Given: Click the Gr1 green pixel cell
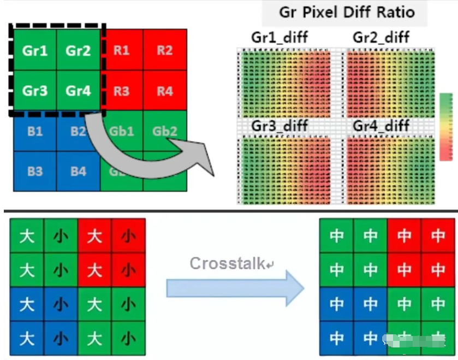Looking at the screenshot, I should [35, 51].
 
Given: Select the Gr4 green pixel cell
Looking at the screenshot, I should [78, 91].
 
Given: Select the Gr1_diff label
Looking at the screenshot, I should [279, 38].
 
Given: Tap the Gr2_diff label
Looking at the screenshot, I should [382, 38].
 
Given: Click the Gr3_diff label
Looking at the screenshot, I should [279, 126].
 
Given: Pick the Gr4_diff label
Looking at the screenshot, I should [382, 126].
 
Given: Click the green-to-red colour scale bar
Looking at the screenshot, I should [446, 127].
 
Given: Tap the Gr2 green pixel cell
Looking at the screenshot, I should [78, 51].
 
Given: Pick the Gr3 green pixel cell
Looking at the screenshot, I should [35, 91].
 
